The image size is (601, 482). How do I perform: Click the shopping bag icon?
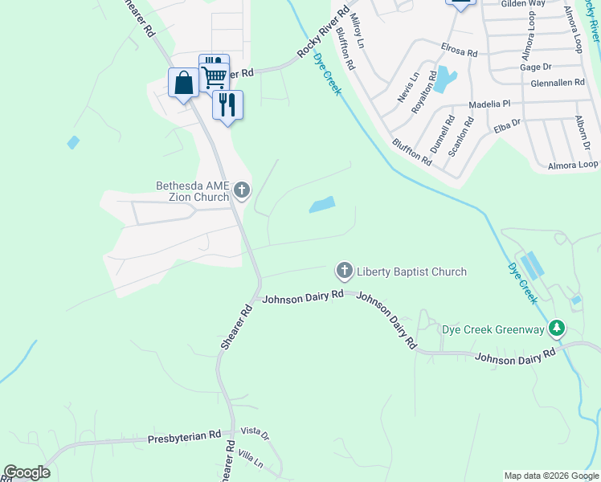tap(184, 82)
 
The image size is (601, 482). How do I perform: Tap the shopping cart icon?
tap(214, 76)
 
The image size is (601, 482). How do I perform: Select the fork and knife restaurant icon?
tap(228, 104)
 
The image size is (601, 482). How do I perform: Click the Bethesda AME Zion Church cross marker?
tap(242, 191)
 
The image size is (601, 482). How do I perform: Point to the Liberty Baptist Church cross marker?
tap(345, 271)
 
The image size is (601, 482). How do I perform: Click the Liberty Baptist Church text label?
tap(411, 272)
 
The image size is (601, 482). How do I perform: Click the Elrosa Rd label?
tap(459, 50)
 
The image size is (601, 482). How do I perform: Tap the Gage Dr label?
tap(536, 67)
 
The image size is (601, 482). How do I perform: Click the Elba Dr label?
tap(508, 125)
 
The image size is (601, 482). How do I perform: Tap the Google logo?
tap(27, 472)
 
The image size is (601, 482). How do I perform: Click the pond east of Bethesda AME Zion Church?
tap(322, 205)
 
